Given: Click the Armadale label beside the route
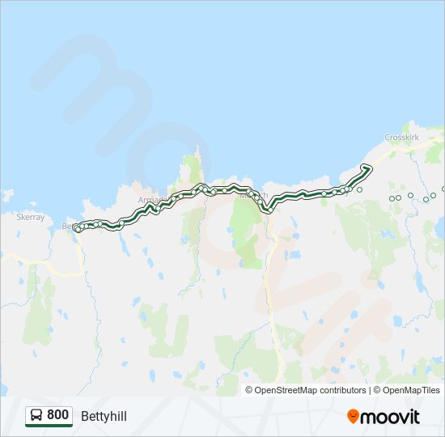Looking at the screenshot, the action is pos(151,199).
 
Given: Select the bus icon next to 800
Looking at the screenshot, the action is pos(36,415).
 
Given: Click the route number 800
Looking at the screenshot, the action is pos(57,415).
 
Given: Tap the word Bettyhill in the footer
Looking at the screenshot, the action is pos(104,416).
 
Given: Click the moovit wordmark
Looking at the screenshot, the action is pos(390,417).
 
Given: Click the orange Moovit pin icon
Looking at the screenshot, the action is pos(353,416).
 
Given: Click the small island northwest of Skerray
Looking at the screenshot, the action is pos(7,195).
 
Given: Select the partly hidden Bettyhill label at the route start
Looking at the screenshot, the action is pos(68,227).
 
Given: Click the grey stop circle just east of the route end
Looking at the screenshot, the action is pos(359,189).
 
